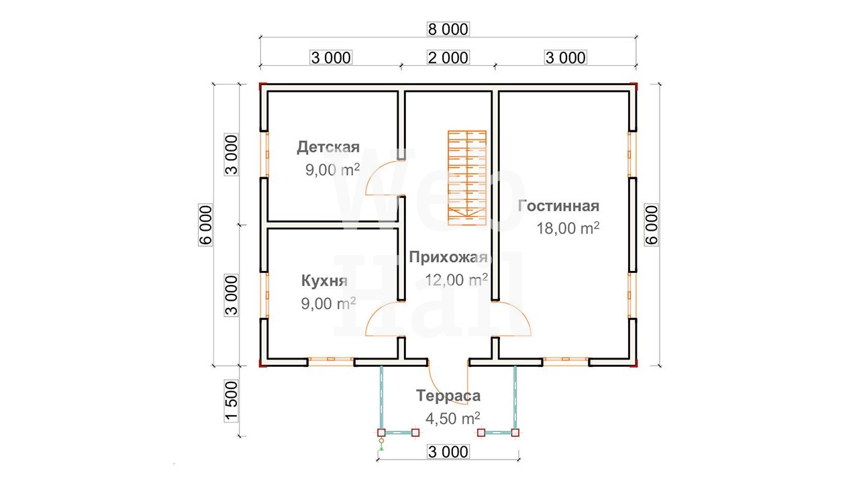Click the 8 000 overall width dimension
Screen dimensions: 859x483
[x=448, y=29]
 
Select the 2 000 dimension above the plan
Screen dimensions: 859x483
[x=448, y=58]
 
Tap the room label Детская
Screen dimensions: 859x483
[x=328, y=147]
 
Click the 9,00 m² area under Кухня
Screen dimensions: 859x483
[x=328, y=304]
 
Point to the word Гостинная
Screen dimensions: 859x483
[x=558, y=206]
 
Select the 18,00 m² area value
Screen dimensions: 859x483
[x=568, y=228]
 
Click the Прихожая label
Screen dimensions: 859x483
[x=449, y=257]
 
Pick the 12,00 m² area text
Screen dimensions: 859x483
[x=456, y=280]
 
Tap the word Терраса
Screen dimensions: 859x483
[x=448, y=396]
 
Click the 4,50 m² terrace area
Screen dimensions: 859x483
[x=452, y=418]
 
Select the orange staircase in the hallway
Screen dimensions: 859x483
[x=467, y=178]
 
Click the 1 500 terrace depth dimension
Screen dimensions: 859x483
[x=232, y=401]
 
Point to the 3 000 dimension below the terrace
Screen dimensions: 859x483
[x=448, y=452]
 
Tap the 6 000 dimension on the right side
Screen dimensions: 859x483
[x=651, y=225]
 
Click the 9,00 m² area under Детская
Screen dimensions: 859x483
[x=332, y=170]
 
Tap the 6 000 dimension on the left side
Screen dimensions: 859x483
[x=205, y=225]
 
